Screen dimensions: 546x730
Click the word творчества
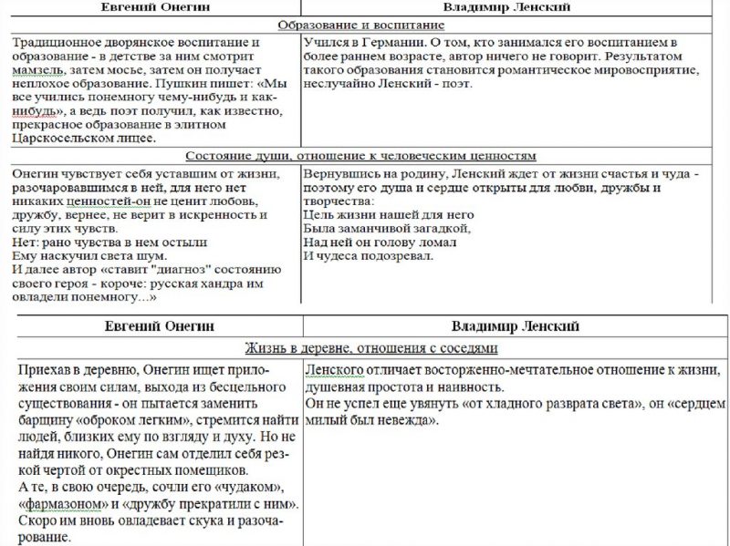pos(337,201)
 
